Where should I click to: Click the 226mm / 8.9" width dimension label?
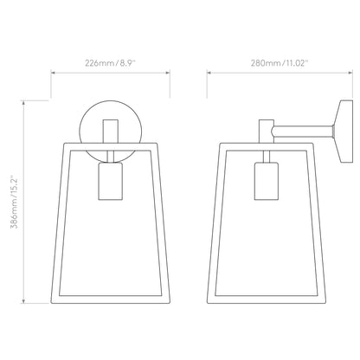110,63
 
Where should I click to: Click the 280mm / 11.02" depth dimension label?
280,63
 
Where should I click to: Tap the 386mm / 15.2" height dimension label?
15,202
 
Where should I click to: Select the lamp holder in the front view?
110,181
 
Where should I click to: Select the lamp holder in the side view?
267,181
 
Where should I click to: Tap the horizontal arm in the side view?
303,132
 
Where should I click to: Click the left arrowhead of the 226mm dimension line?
53,73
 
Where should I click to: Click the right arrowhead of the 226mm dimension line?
168,73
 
